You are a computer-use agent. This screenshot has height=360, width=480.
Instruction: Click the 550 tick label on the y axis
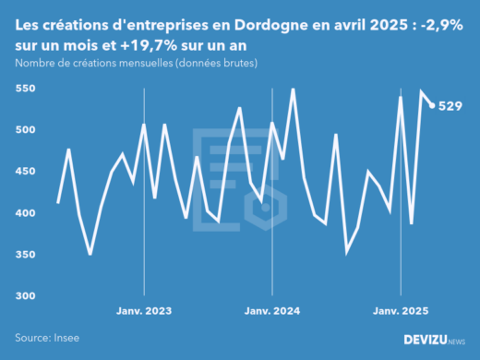27,89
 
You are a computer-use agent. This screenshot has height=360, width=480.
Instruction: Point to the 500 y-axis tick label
27,130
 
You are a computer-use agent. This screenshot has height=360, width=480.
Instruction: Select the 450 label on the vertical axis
27,172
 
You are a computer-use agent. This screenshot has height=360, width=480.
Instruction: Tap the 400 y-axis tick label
27,213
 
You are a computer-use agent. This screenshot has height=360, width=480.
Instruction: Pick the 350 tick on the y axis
27,255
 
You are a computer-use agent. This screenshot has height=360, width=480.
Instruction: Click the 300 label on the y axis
27,296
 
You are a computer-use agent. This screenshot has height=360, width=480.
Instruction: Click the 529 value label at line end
450,106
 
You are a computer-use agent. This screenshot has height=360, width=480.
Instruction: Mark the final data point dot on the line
433,105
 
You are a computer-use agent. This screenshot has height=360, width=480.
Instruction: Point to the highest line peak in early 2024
293,90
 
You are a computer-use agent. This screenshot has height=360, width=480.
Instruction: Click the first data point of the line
58,203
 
